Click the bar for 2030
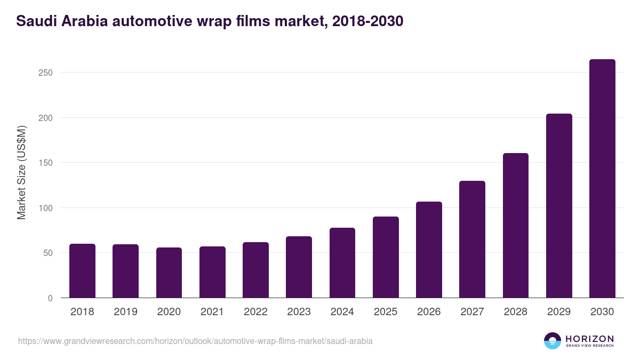click(602, 179)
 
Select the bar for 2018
click(82, 271)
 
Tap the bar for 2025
click(386, 257)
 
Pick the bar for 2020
click(169, 273)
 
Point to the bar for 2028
click(516, 226)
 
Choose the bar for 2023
click(299, 267)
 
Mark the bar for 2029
click(559, 206)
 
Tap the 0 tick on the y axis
click(50, 298)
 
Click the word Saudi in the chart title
click(34, 21)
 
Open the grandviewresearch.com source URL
click(195, 341)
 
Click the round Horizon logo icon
click(553, 341)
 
